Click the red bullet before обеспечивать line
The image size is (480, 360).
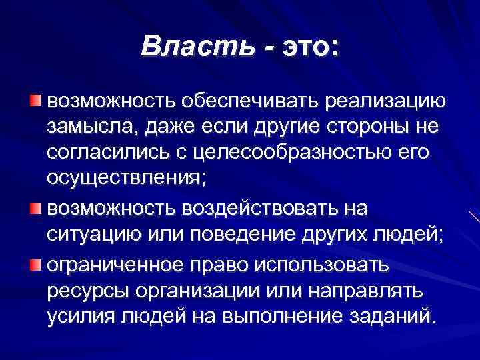[35, 101]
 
